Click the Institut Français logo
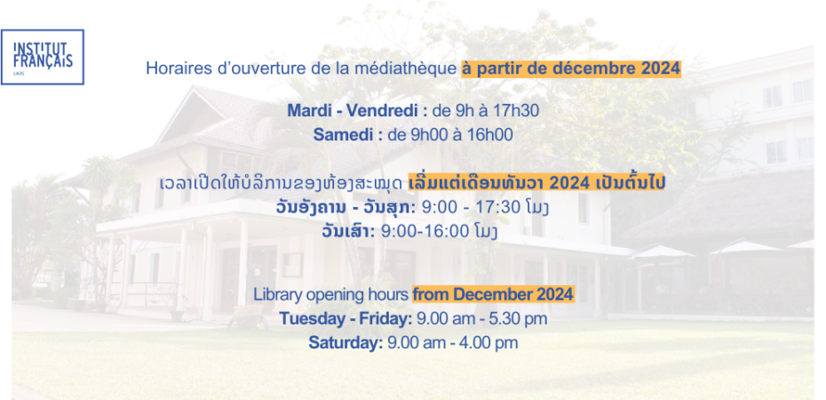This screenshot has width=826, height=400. click(x=42, y=57)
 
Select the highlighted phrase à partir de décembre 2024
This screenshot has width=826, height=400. click(x=572, y=69)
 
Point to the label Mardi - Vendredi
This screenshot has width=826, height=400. click(x=357, y=111)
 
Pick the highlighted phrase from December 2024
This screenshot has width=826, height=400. click(x=493, y=294)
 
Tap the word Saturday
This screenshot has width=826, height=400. click(x=345, y=343)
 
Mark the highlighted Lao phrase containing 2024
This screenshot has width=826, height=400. click(x=537, y=183)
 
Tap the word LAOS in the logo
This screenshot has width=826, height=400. click(x=18, y=73)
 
